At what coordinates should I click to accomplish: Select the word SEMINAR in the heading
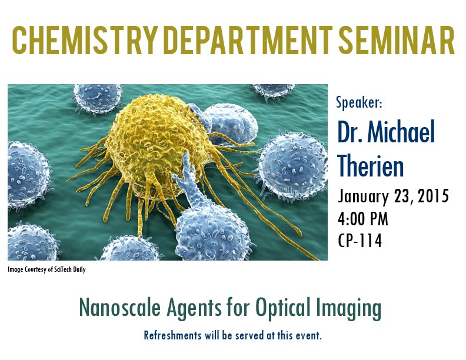[396, 40]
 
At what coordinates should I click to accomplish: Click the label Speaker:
[359, 102]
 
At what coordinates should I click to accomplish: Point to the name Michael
[401, 131]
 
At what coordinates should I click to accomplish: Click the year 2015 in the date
[433, 196]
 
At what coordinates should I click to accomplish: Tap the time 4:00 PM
[363, 219]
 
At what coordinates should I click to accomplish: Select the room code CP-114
[360, 241]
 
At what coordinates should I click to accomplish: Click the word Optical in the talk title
[281, 309]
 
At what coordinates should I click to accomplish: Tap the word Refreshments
[172, 335]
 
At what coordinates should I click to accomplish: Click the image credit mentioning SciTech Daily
[46, 269]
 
